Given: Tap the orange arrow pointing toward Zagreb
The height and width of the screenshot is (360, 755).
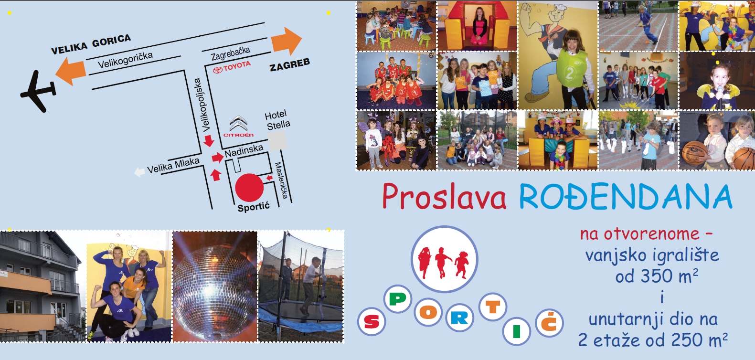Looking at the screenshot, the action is tap(287, 41).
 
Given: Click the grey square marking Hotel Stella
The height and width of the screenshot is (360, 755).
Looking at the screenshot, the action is tap(278, 140).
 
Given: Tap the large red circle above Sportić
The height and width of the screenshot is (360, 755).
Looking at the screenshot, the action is tap(249, 188).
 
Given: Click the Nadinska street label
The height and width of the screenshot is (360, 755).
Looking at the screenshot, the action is tap(244, 151).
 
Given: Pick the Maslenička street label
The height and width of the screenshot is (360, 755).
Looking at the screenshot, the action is tap(282, 180).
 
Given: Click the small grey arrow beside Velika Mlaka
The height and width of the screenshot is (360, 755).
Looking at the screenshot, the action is tap(139, 172).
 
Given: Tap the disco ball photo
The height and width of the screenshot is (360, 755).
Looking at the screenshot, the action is tap(215, 286).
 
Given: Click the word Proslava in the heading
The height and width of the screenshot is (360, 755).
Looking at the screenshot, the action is tap(444, 197).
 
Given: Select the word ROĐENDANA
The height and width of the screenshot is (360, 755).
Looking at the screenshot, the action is tap(626, 197).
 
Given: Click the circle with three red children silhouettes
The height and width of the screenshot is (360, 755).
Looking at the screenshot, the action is tap(444, 259).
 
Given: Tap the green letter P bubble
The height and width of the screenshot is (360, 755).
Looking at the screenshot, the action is tap(398, 299).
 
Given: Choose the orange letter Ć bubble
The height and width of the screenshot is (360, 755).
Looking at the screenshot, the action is tap(549, 323).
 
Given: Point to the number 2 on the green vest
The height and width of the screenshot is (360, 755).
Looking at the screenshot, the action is tap(569, 74).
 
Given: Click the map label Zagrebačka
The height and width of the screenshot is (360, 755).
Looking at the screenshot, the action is tap(231, 53).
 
